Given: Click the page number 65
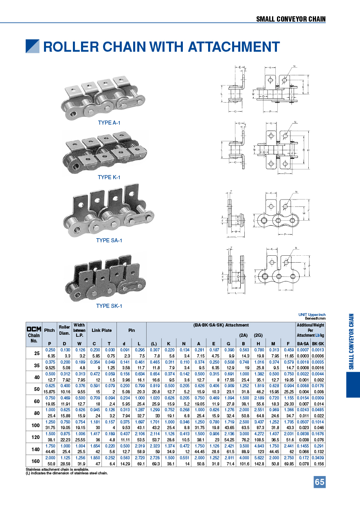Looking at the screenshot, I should (x=319, y=482).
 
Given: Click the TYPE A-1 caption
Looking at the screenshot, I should (x=109, y=123).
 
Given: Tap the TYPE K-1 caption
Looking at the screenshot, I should (x=109, y=177).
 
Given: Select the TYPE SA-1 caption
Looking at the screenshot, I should (x=109, y=240).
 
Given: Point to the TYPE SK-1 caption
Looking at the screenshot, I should (x=109, y=306).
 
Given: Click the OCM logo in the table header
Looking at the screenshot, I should (x=34, y=329).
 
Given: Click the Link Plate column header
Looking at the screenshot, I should (x=101, y=330).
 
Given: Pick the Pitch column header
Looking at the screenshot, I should (x=50, y=330).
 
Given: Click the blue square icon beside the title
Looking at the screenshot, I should (x=33, y=46).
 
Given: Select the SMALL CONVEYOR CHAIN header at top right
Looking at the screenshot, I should (x=291, y=19).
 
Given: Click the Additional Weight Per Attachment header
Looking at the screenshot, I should (x=311, y=330).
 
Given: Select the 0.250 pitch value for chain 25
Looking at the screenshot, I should (x=50, y=350).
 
